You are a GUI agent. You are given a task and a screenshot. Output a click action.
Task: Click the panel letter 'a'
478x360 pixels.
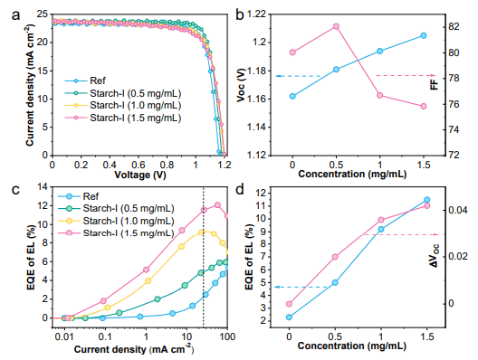point(15,15)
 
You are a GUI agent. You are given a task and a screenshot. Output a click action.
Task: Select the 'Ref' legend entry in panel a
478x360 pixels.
point(85,81)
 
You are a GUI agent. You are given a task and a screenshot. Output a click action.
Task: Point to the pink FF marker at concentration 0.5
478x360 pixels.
point(336,26)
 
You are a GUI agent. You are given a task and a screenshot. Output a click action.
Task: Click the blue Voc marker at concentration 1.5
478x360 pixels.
point(424,35)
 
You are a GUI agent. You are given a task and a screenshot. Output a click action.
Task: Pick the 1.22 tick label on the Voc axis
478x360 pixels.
point(255,14)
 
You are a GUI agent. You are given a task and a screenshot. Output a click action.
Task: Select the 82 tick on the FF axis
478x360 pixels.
point(454,27)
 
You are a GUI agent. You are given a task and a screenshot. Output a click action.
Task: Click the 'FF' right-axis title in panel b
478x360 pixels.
point(435,84)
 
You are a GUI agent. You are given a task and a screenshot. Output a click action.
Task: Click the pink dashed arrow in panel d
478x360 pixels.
point(400,234)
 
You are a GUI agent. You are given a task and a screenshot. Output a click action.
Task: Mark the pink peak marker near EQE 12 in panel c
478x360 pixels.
point(217,205)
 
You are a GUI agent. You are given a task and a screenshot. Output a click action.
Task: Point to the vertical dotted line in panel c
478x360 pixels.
point(204,258)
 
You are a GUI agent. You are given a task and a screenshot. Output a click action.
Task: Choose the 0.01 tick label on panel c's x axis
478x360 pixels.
point(64,336)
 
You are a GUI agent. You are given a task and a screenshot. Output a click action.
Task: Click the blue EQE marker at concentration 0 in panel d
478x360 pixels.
point(289,317)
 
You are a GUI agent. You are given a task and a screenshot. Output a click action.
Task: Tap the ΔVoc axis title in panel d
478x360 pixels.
point(435,256)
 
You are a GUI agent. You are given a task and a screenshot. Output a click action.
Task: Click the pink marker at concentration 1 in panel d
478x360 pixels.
point(381,220)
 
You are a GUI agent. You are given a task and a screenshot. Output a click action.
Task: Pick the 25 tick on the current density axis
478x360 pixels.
point(43,14)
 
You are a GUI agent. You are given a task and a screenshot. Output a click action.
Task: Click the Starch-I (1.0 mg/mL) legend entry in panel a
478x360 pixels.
point(123,106)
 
